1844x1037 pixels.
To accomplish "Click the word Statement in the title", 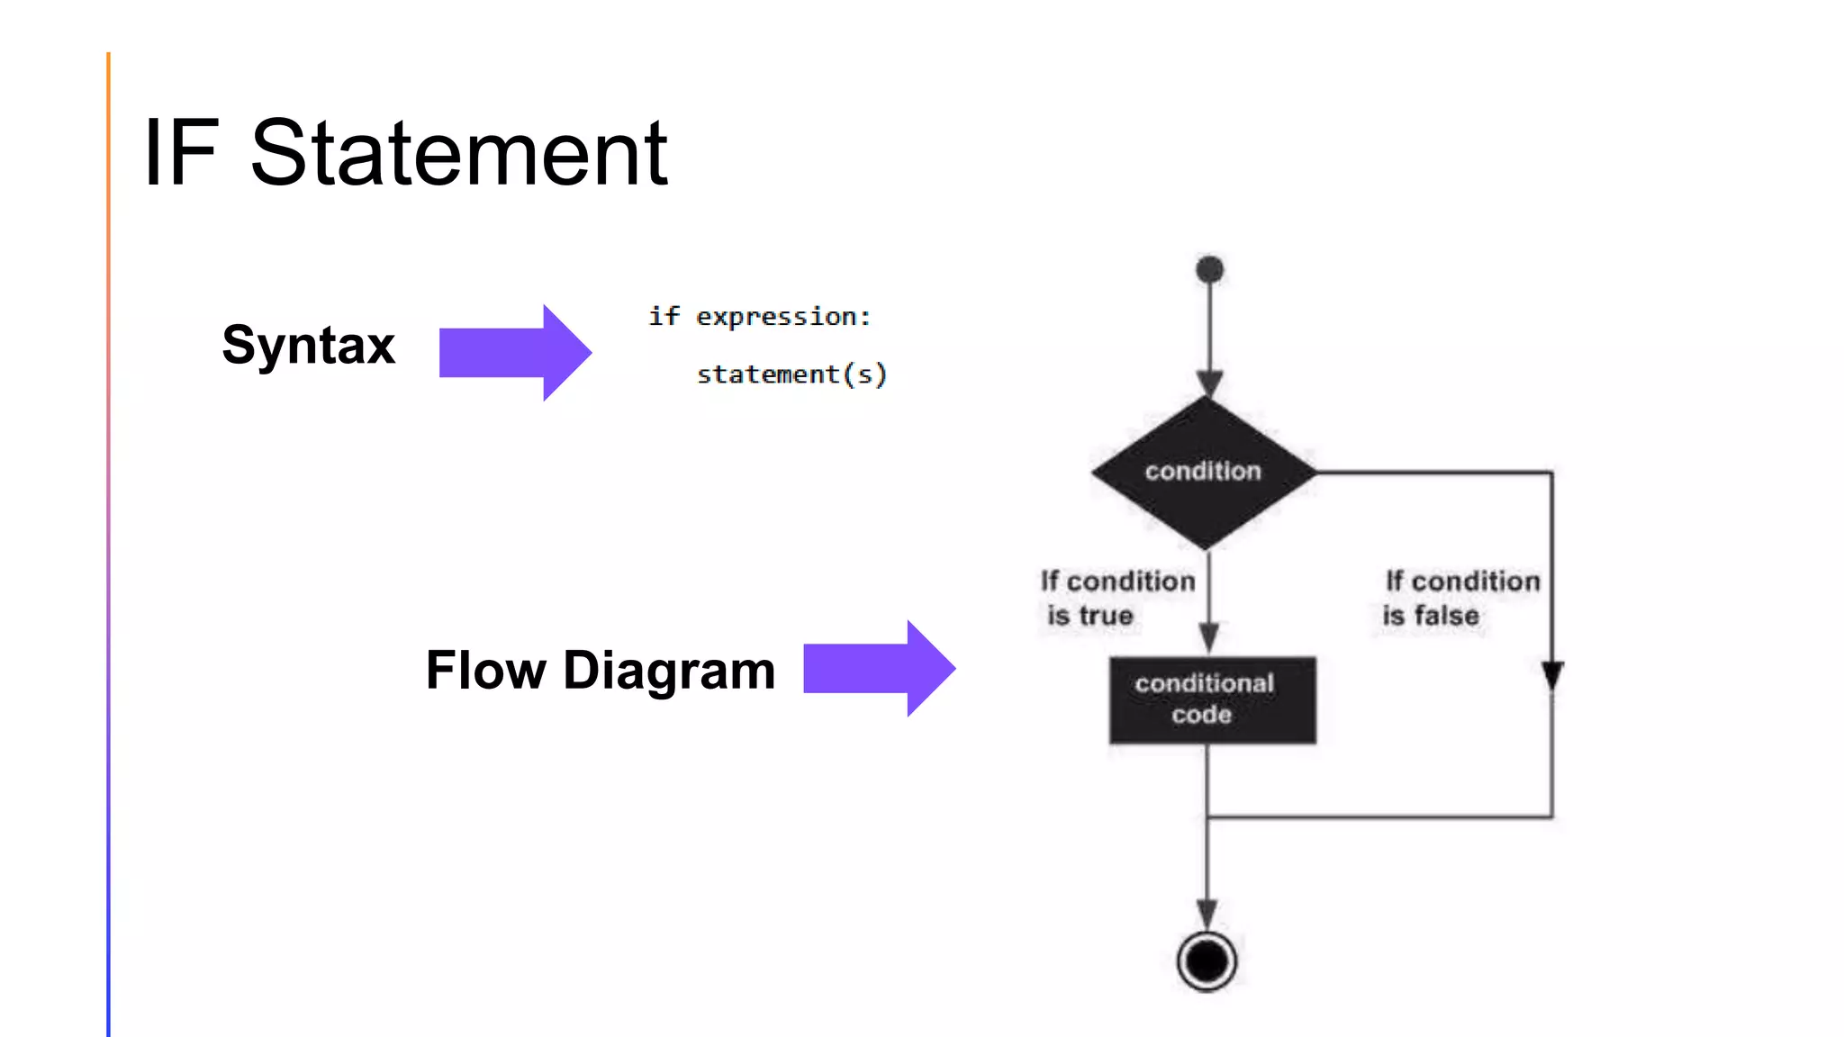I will [458, 154].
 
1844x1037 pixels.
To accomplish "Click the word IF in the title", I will [181, 154].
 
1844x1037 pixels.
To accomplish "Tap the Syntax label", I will [308, 345].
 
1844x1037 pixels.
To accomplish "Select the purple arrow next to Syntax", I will [514, 352].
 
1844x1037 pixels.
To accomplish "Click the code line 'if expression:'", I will [759, 317].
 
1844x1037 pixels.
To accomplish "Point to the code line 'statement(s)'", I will [791, 374].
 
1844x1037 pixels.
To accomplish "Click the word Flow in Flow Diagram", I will [485, 671].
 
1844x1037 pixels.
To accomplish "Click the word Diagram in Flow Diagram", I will [669, 671].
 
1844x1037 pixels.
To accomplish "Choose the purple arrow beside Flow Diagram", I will [878, 668].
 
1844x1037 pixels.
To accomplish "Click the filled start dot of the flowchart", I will [1209, 269].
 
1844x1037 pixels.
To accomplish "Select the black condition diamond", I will [1204, 472].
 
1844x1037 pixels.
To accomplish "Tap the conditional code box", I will [1212, 699].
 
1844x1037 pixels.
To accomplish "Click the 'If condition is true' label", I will [1116, 598].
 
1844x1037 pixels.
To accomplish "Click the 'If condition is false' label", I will [1460, 598].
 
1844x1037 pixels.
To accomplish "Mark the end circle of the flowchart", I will [1207, 961].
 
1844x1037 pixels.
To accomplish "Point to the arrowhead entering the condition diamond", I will [1209, 383].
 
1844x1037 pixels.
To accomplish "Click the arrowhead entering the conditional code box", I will [1209, 637].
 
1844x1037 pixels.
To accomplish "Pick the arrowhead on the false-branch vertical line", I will [1552, 675].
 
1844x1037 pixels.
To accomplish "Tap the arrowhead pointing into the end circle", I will [1207, 913].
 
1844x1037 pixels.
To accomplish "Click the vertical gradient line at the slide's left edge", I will [108, 540].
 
